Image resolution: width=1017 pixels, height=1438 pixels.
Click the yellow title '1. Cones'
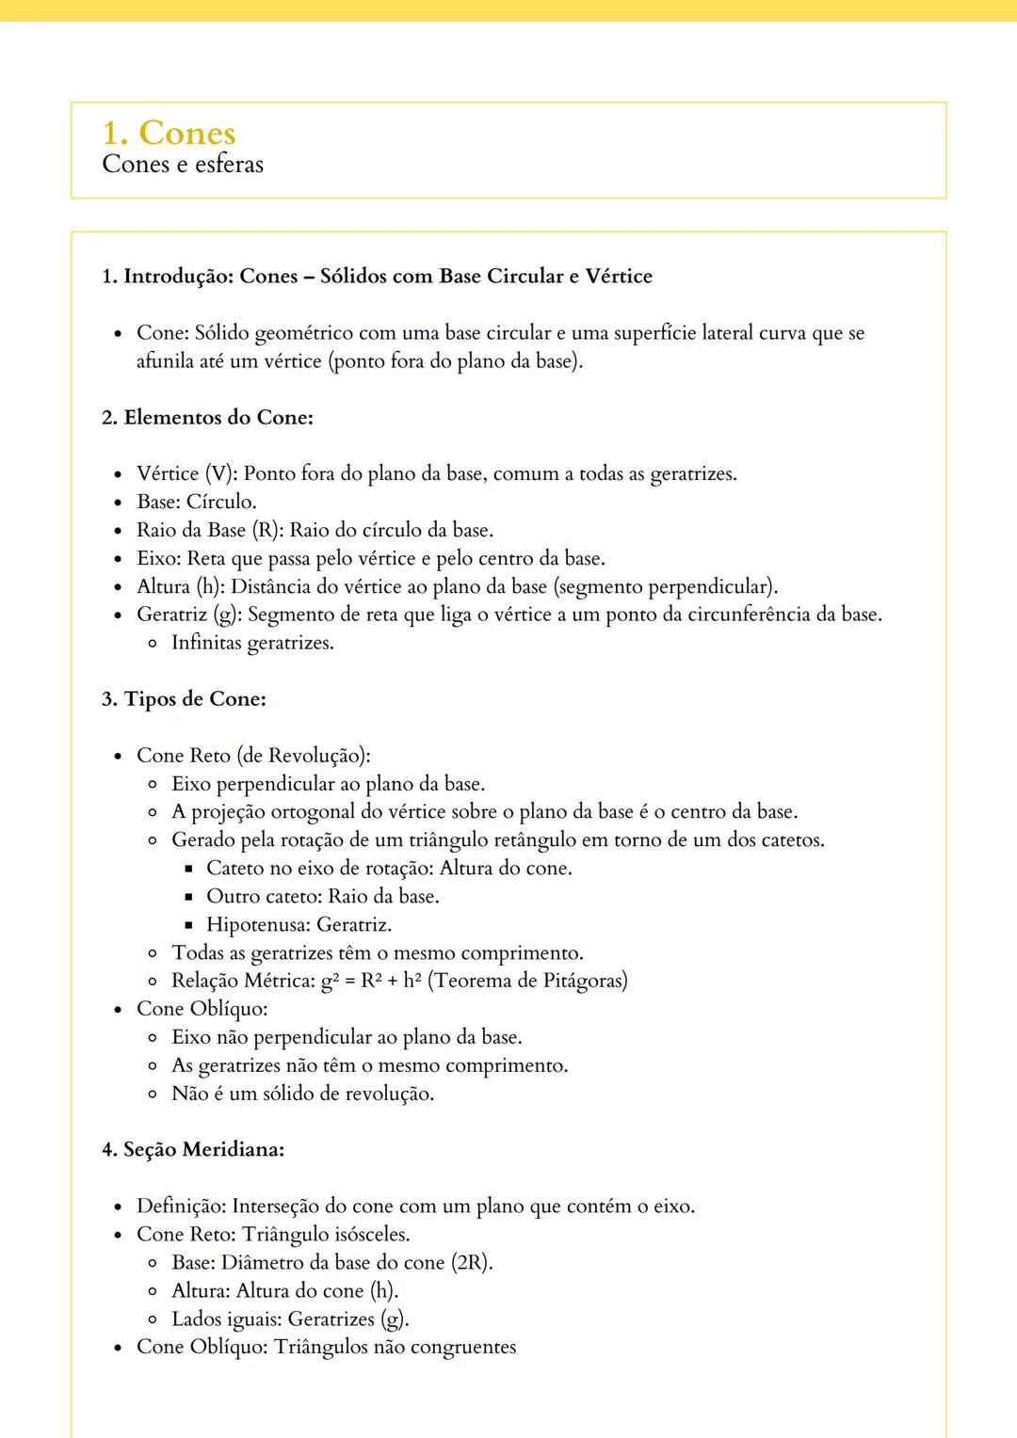pos(169,134)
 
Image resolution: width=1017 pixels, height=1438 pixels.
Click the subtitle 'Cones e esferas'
pos(183,165)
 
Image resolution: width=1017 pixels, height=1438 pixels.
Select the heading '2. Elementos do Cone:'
pos(207,418)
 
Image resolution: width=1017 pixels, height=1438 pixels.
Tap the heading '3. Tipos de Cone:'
pos(184,699)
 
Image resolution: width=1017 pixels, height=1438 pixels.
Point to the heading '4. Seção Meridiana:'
pos(193,1150)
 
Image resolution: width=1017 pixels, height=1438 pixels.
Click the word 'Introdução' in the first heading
pos(178,277)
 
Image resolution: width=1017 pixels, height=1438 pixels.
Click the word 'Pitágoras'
pos(585,981)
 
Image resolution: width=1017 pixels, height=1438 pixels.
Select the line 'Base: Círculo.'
pos(196,502)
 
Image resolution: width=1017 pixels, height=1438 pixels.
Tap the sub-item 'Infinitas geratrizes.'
pos(252,643)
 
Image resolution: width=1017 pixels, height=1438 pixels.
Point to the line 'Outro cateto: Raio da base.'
pos(322,896)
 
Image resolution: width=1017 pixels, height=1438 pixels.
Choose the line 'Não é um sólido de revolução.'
pos(302,1094)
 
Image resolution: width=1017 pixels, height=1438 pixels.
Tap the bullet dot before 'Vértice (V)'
pos(118,474)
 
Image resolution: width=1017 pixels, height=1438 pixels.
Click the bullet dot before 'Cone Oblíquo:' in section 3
pos(118,1010)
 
